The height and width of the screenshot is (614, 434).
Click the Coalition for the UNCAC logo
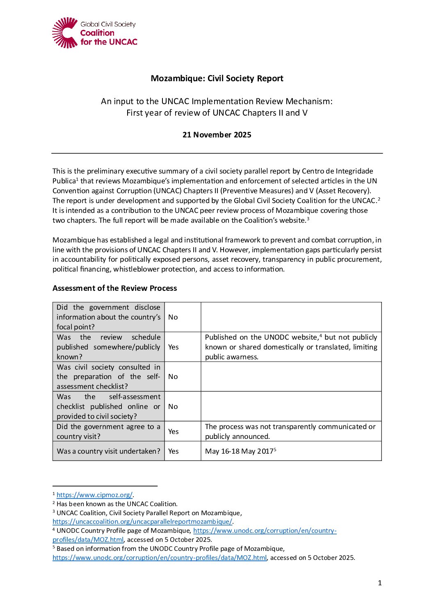[x=94, y=33]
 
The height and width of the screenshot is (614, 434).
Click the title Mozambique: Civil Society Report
[x=217, y=78]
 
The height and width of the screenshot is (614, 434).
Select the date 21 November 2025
[x=217, y=135]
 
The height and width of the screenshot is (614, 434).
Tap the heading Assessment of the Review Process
[x=115, y=288]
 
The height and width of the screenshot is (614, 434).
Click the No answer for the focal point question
[x=173, y=317]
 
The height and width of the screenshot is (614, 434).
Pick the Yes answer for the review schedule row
[x=174, y=347]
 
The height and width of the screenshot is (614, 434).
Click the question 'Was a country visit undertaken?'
[x=108, y=451]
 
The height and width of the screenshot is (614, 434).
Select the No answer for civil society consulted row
[x=173, y=377]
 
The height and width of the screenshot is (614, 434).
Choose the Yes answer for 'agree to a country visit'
[x=174, y=431]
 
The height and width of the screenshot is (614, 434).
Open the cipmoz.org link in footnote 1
[x=94, y=495]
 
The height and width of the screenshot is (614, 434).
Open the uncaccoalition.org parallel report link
[x=142, y=522]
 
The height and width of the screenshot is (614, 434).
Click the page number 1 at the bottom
[x=380, y=583]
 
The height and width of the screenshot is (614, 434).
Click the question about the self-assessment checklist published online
[x=108, y=406]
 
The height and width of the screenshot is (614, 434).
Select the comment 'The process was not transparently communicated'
[x=290, y=427]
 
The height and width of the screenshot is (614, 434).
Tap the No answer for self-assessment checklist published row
[x=173, y=406]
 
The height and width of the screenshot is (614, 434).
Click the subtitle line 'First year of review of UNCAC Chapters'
[x=217, y=113]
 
